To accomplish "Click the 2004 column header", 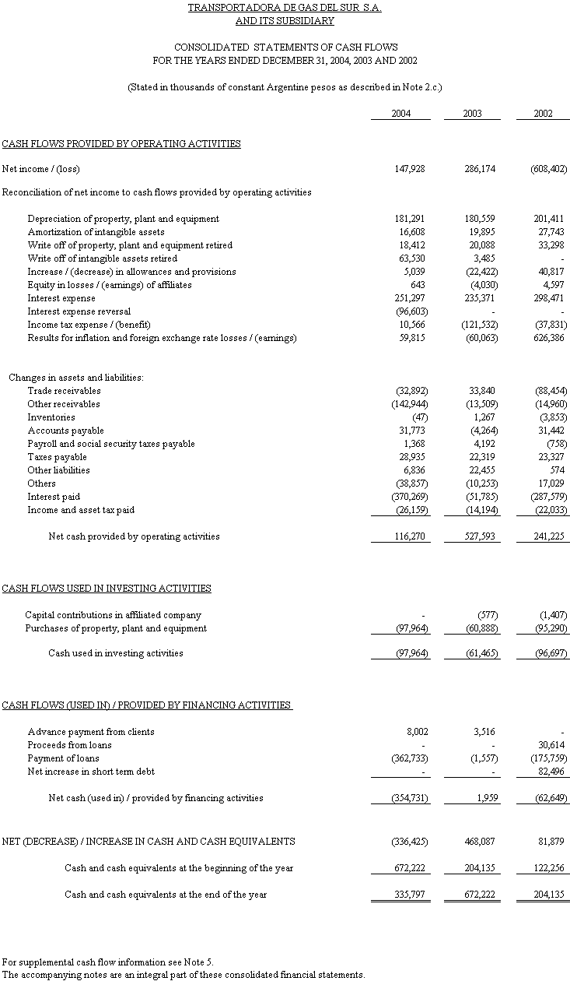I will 400,114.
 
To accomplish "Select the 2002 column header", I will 543,114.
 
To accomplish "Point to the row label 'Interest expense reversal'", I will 79,311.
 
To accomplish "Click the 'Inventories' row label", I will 51,417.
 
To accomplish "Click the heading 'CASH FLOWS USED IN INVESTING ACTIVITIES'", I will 107,589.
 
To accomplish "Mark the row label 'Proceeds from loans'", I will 69,745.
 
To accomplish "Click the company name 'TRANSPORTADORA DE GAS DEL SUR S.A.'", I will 285,8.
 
